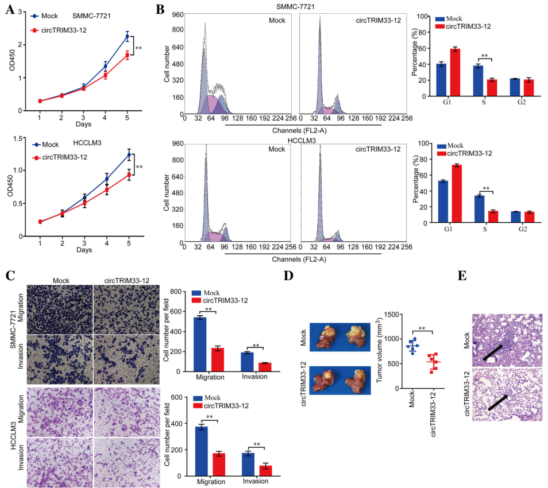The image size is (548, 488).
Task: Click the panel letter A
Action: (10, 10)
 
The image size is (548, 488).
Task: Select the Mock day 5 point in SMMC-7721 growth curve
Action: (127, 37)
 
